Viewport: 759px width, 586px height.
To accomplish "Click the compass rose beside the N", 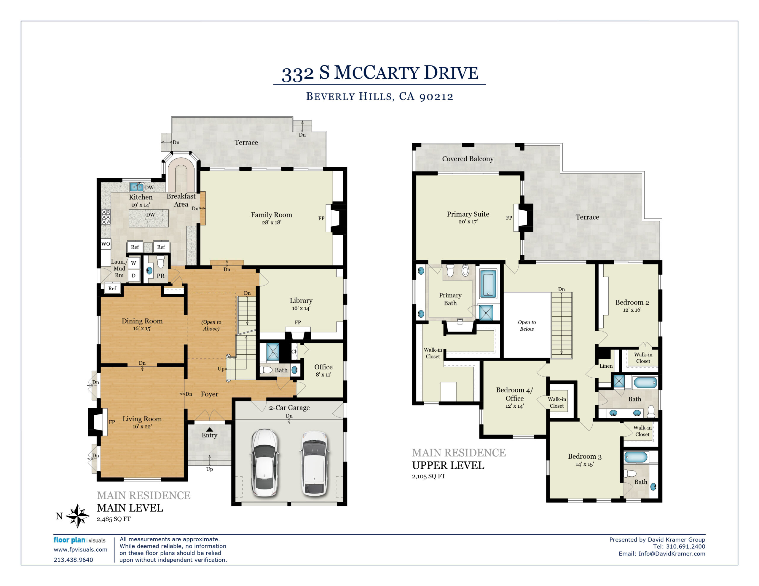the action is coord(77,516).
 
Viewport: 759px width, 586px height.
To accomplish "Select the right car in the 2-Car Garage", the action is coord(314,463).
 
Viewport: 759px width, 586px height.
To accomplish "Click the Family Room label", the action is coord(271,215).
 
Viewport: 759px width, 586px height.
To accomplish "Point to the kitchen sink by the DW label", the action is coord(137,187).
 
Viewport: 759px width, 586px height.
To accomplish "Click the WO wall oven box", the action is coord(106,244).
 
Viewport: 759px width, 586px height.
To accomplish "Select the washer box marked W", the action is coord(133,263).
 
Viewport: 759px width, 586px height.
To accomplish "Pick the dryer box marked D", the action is coord(133,276).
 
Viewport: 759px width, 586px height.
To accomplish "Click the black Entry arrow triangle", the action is coord(210,429).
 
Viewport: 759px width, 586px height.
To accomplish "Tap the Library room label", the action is coord(301,300).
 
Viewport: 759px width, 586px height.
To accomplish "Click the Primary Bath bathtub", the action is coord(488,284).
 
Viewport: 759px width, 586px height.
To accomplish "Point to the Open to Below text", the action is coord(527,326).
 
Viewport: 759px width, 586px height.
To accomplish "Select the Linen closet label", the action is coord(606,366).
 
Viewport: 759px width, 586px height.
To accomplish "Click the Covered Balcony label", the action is coord(468,159).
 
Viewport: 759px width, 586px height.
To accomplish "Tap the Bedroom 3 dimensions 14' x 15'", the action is coord(585,464).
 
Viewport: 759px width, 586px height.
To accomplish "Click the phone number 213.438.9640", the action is coord(73,560).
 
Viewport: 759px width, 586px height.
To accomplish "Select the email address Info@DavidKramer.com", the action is coord(672,554).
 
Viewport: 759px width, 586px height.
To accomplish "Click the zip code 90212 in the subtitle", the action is coord(436,97).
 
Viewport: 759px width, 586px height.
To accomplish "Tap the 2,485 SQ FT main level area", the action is coord(114,519).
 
